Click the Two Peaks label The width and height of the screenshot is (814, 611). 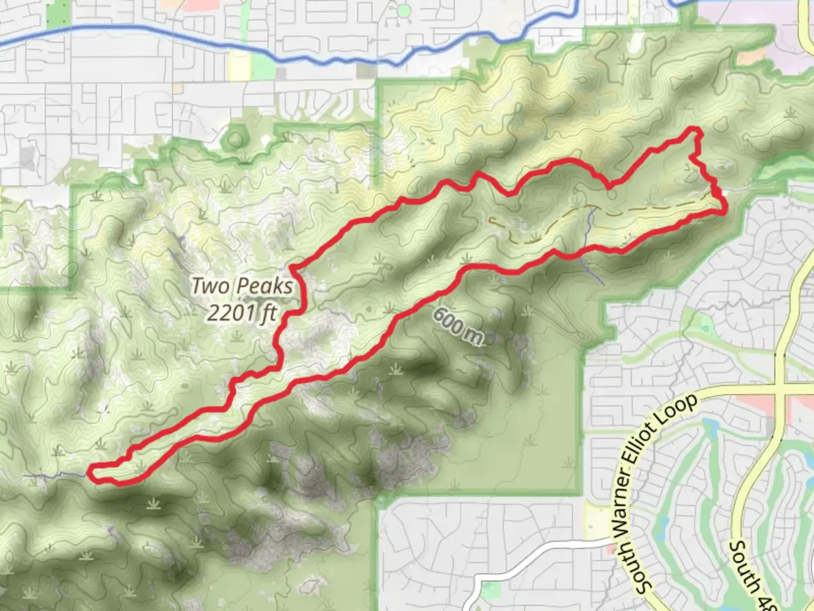(243, 286)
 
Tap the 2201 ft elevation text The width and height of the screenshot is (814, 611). (241, 312)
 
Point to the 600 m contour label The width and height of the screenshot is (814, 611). (458, 326)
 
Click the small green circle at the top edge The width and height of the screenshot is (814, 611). (403, 11)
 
